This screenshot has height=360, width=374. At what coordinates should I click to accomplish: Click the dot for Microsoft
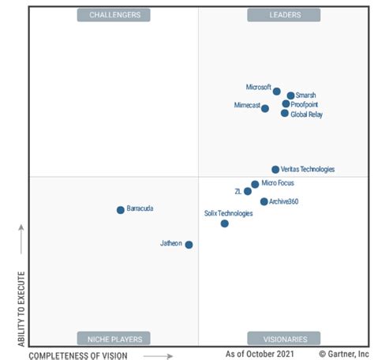click(x=277, y=92)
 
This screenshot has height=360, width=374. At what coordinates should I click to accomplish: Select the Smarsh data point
click(x=290, y=96)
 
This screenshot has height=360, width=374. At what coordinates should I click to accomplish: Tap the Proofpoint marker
click(x=286, y=104)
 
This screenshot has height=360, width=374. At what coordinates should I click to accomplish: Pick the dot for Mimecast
click(x=265, y=108)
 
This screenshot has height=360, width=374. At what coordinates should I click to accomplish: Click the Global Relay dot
click(x=285, y=114)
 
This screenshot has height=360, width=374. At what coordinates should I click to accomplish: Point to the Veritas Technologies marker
click(x=275, y=170)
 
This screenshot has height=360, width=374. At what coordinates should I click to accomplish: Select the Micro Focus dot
click(x=255, y=185)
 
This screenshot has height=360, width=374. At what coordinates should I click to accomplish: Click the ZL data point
click(x=248, y=191)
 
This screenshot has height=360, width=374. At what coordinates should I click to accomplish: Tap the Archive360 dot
click(x=264, y=201)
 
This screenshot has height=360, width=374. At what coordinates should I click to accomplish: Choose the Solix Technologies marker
click(x=225, y=223)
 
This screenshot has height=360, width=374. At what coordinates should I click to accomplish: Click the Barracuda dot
click(x=121, y=210)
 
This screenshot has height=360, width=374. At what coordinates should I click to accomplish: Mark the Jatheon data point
click(x=189, y=245)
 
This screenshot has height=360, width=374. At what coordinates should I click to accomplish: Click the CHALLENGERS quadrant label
click(x=114, y=15)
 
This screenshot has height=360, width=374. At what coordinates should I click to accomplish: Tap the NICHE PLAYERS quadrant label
click(x=114, y=339)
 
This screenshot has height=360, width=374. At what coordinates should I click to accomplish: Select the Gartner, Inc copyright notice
click(x=345, y=354)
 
